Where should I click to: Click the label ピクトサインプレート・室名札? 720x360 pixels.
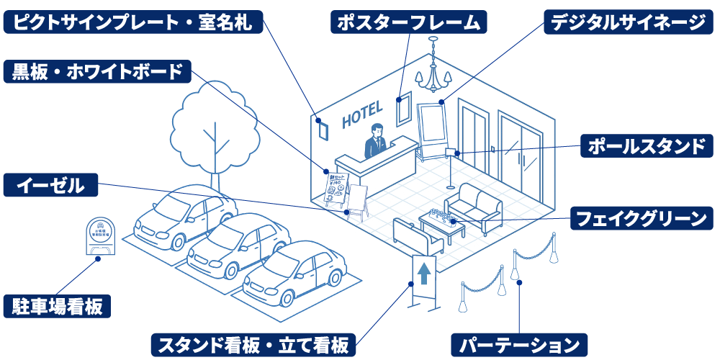[133, 22]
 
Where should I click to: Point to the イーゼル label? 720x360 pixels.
[50, 185]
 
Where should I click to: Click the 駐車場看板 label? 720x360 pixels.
[58, 306]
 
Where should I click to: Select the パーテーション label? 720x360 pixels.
[520, 344]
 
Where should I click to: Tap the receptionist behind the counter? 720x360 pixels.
[375, 140]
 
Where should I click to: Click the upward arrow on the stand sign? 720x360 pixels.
[423, 273]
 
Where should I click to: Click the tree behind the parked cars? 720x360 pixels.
[215, 126]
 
